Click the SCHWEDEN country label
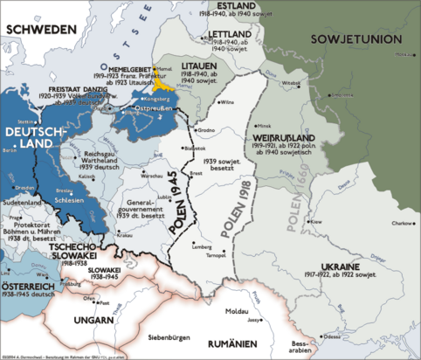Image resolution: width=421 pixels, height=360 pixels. coord(40,29)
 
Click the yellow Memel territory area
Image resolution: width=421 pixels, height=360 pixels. coord(160,85)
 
